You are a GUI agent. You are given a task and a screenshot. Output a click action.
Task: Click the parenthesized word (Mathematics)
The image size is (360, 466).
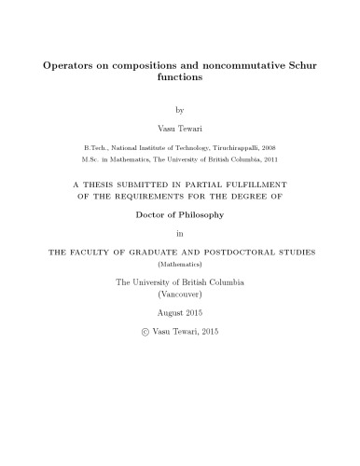coord(180,264)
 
